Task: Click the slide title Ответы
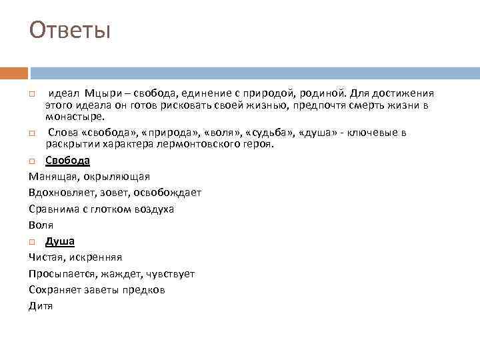click(70, 30)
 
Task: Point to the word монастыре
click(75, 117)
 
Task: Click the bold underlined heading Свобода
click(67, 161)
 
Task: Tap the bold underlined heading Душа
click(60, 241)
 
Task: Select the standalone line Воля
click(41, 225)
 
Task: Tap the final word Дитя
click(41, 306)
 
